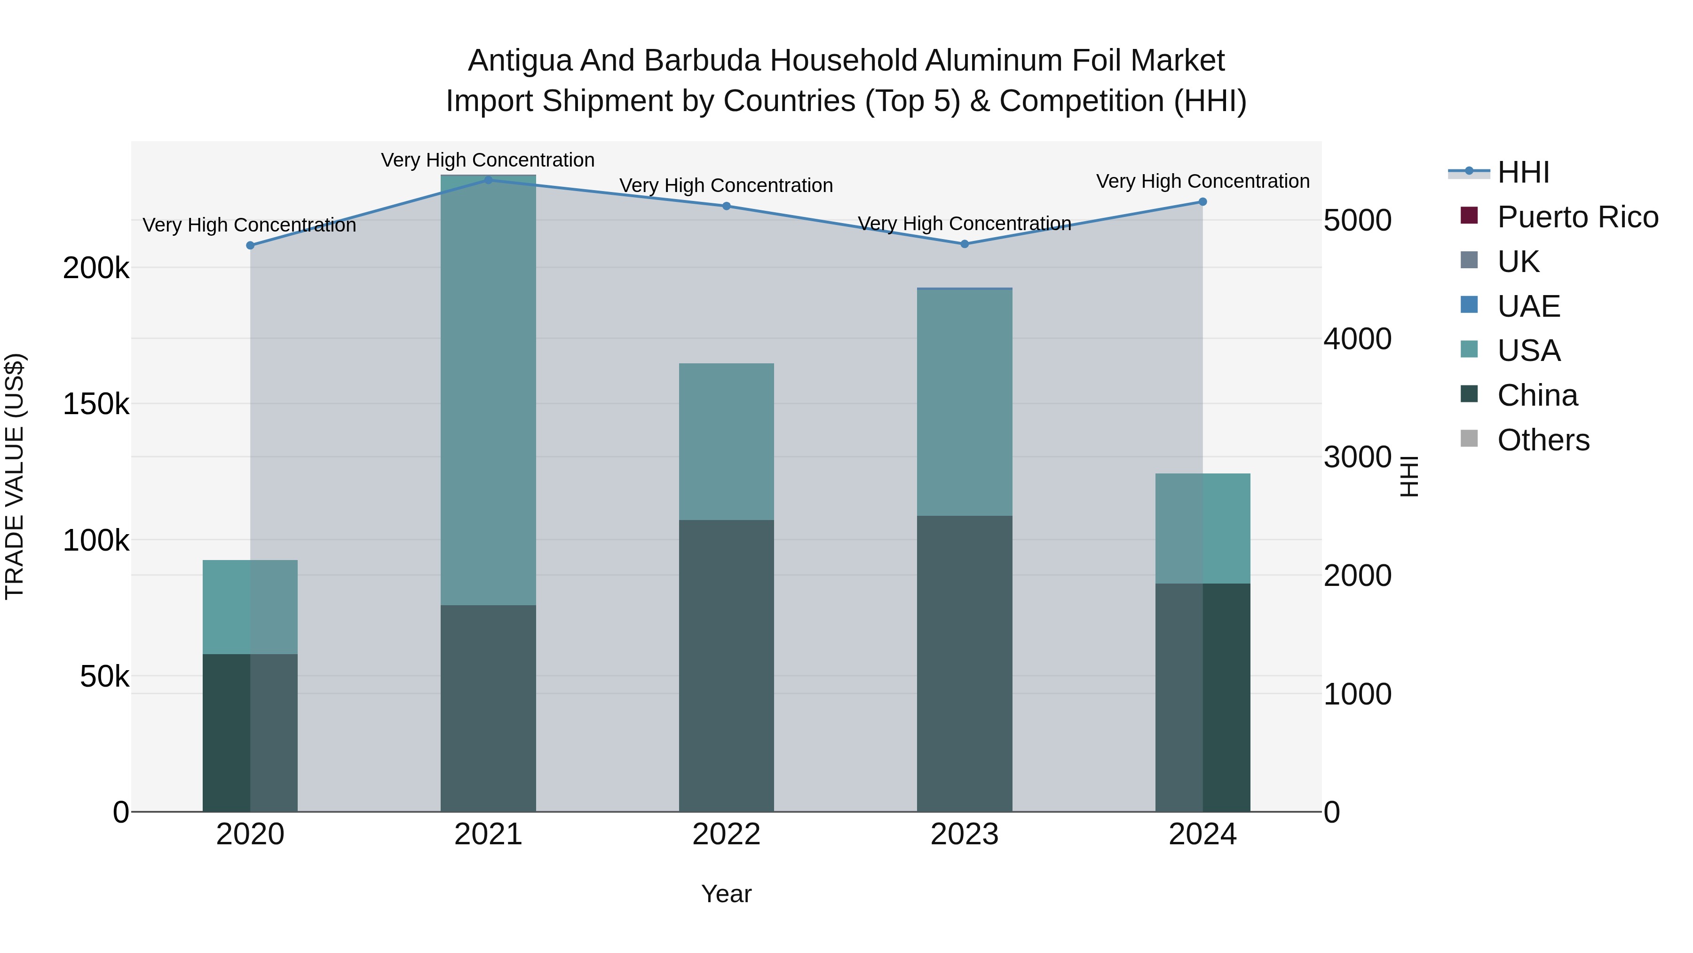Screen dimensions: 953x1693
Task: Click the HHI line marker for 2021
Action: click(488, 180)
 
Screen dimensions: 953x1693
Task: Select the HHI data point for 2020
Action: click(250, 245)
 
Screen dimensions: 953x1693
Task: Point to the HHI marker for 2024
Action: click(1203, 202)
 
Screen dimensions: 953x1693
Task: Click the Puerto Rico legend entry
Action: click(1577, 217)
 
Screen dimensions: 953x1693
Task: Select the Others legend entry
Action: click(1543, 440)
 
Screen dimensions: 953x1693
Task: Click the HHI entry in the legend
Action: click(1523, 172)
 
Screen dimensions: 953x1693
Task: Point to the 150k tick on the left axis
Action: click(96, 404)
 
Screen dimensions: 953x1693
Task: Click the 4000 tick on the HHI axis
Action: click(1357, 339)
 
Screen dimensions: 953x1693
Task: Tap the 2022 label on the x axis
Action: click(726, 834)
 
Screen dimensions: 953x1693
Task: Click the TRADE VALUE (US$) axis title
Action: click(15, 476)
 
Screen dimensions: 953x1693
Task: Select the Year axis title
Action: click(726, 894)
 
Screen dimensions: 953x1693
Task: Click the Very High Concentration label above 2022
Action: click(726, 185)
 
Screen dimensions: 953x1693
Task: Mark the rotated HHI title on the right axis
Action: click(1409, 476)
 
